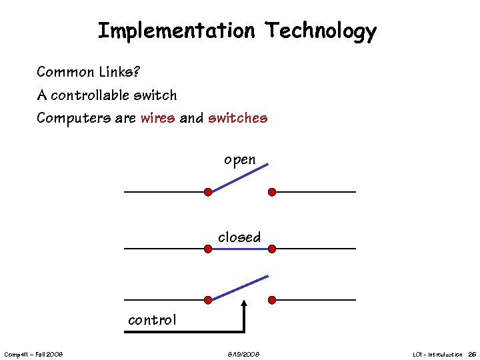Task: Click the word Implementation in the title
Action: point(176,31)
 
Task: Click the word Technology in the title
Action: point(321,31)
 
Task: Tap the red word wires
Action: point(158,119)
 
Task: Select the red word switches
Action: point(237,119)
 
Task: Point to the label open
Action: point(239,160)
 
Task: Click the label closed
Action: point(239,237)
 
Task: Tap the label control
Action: point(152,320)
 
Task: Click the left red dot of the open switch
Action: point(208,192)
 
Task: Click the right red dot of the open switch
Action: point(272,192)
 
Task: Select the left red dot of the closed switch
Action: point(208,249)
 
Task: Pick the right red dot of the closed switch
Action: point(272,249)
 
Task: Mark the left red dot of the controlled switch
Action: point(208,299)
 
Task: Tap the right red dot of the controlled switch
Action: point(272,299)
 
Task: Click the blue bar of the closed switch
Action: point(240,249)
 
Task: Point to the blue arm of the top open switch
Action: point(238,178)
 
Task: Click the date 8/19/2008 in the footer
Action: point(239,354)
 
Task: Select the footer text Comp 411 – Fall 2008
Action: point(33,354)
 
